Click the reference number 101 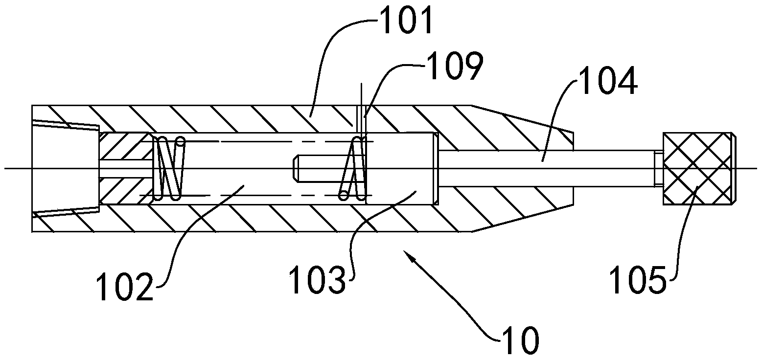[407, 23]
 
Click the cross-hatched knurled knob [697, 168]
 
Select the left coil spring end [169, 168]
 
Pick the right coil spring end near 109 [354, 168]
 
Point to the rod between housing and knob [612, 168]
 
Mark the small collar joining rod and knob [657, 168]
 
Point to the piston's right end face [435, 168]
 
